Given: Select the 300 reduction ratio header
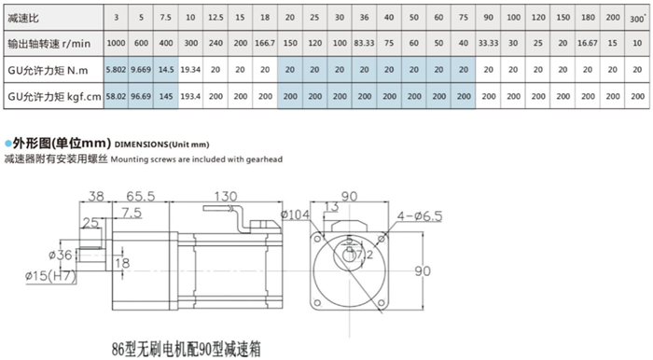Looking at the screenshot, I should click(637, 17).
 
